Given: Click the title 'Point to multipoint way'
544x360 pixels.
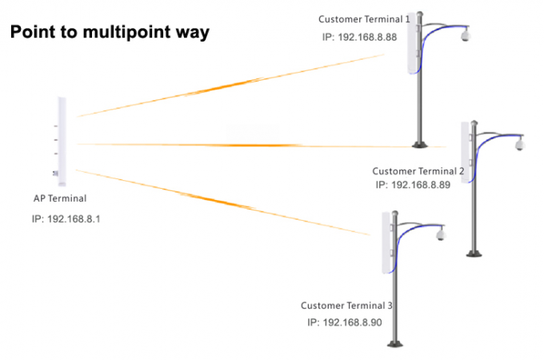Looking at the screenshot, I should click(x=109, y=33).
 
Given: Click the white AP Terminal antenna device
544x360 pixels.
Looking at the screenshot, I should click(x=61, y=141).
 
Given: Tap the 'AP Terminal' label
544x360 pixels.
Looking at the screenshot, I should click(x=60, y=198).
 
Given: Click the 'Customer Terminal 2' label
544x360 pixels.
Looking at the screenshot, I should click(x=418, y=171).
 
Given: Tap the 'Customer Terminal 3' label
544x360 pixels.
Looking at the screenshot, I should click(x=346, y=306).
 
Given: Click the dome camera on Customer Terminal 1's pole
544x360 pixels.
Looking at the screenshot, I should click(x=466, y=35).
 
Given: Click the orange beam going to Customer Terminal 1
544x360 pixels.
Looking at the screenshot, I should click(x=232, y=86).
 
